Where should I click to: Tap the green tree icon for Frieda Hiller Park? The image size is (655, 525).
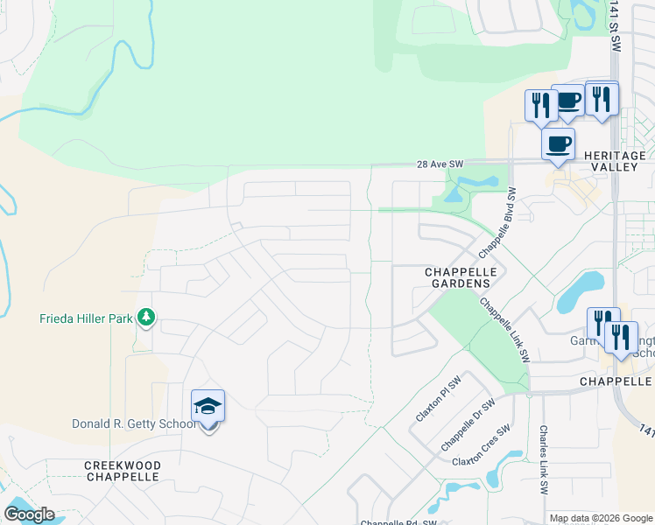click(147, 317)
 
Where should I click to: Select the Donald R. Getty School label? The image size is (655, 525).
click(134, 424)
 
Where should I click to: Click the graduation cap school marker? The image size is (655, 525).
click(208, 407)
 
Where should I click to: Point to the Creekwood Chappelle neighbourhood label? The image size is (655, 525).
click(122, 471)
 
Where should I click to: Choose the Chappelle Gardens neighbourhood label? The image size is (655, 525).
click(461, 277)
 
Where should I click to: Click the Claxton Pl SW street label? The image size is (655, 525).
click(437, 399)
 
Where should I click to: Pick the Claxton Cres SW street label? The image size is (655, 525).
click(481, 445)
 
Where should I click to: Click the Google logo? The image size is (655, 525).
click(29, 514)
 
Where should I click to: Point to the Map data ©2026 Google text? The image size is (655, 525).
click(602, 518)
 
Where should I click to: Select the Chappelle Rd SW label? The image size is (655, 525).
click(398, 522)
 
